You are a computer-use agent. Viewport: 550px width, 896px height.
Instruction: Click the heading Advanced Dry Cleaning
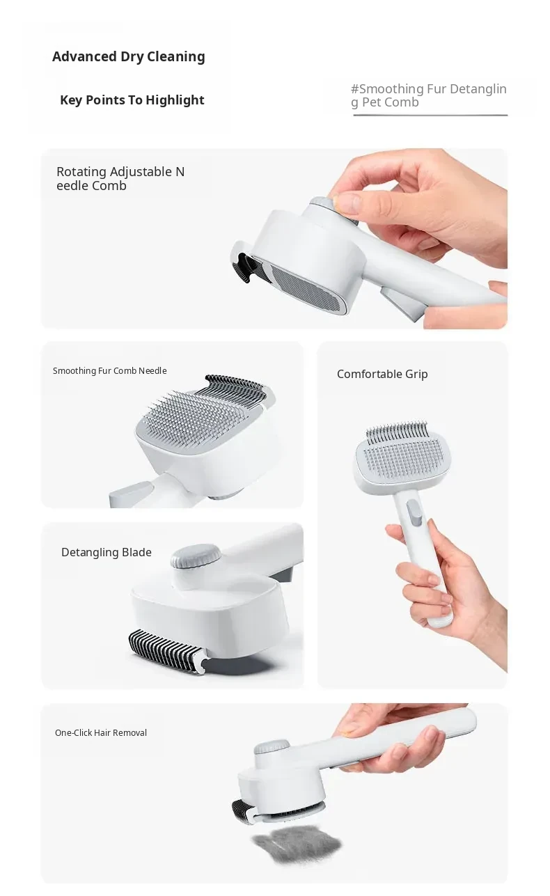click(128, 57)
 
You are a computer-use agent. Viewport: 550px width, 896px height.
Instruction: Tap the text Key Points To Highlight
click(132, 100)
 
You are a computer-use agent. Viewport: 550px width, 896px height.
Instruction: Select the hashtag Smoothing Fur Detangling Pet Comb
click(428, 95)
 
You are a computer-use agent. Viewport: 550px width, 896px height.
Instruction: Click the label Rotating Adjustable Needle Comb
click(120, 178)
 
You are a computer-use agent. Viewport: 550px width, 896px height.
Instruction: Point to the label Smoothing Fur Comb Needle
click(109, 371)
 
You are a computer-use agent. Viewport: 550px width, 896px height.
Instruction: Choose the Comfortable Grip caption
click(382, 374)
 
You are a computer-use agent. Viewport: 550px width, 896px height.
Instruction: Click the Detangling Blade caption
click(106, 552)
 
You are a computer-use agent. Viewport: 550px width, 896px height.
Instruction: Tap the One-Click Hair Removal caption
click(101, 733)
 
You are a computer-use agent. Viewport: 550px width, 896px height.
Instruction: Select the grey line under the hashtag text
click(430, 115)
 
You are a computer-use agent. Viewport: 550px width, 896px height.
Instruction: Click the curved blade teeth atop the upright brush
click(397, 432)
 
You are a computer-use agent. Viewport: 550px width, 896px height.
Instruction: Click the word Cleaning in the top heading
click(175, 57)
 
